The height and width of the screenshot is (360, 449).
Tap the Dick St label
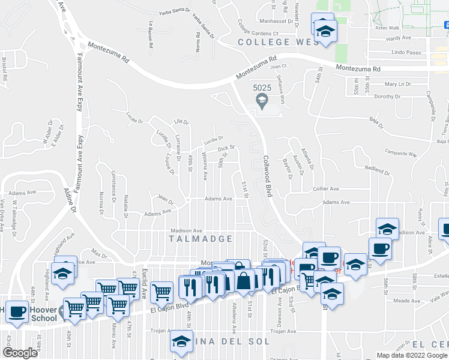pyautogui.click(x=225, y=148)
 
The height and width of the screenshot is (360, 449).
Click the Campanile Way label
pyautogui.click(x=400, y=154)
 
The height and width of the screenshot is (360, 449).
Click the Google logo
pyautogui.click(x=20, y=353)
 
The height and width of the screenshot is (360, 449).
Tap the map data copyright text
pyautogui.click(x=411, y=355)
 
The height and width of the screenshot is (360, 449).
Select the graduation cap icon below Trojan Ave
pyautogui.click(x=180, y=341)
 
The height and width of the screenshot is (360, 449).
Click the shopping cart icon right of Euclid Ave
pyautogui.click(x=161, y=293)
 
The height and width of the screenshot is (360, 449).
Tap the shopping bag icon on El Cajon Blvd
pyautogui.click(x=244, y=280)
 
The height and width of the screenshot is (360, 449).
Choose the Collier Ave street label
pyautogui.click(x=327, y=189)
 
